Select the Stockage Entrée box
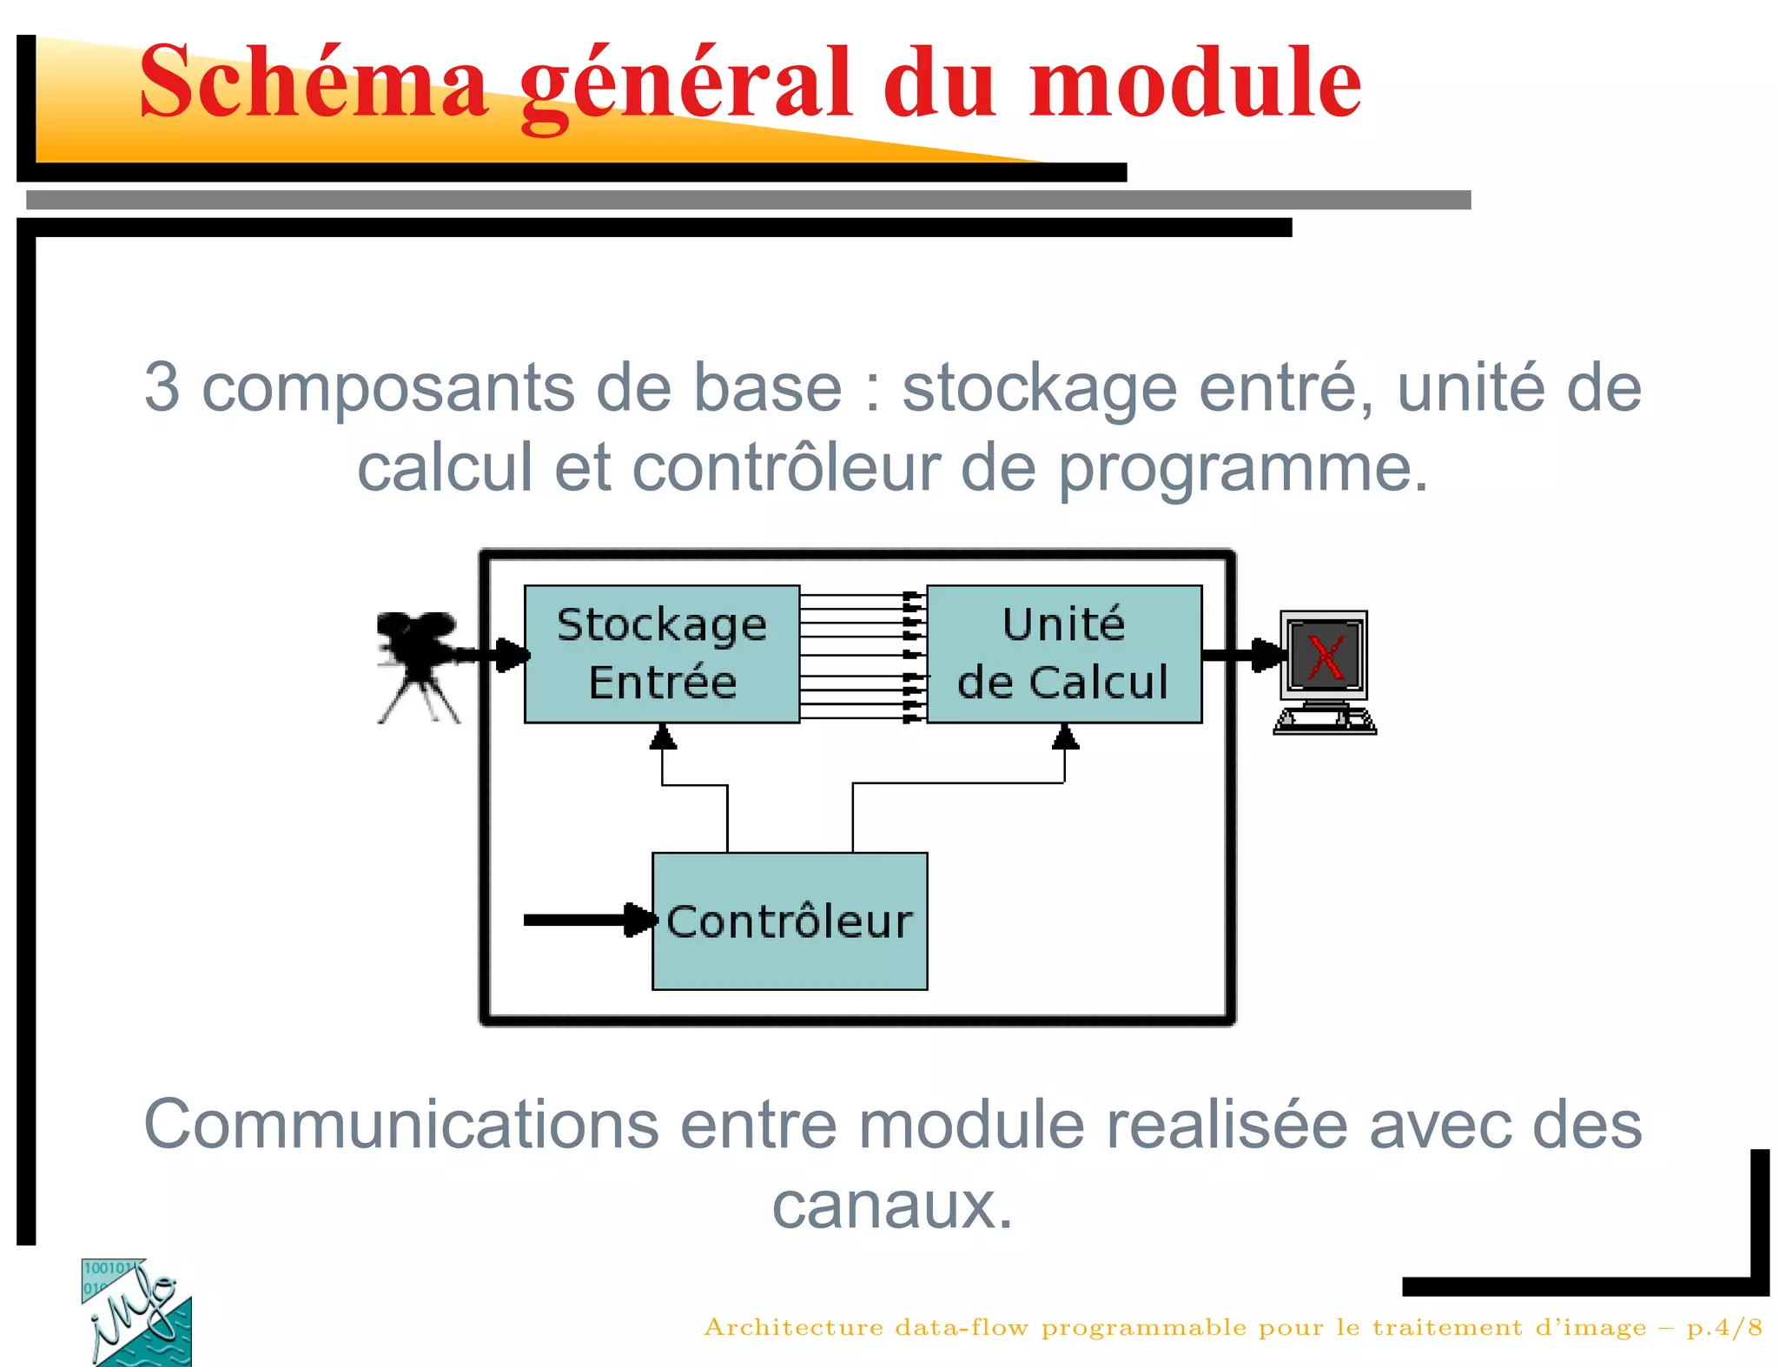662,653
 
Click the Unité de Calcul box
1064,653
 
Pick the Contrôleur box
790,921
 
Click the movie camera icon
419,664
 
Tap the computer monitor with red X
1324,656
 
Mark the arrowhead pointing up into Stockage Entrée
663,737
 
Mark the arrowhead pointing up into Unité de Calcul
1065,737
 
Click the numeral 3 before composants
162,387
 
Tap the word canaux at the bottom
892,1205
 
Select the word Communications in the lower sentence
400,1125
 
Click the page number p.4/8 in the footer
1724,1327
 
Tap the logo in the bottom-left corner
136,1312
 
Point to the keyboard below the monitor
1324,722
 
